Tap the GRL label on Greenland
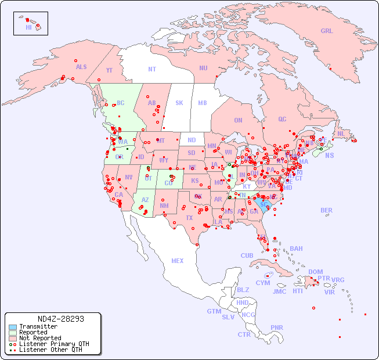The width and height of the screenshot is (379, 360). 327,31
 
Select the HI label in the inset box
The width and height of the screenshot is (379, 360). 28,27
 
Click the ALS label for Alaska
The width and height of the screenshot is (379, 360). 81,67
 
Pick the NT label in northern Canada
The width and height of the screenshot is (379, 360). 152,69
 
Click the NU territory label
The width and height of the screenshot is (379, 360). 203,68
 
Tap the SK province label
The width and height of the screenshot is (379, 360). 179,103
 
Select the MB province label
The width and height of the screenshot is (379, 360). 203,103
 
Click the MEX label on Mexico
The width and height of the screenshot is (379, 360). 178,261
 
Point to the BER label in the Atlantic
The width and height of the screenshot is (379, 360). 327,210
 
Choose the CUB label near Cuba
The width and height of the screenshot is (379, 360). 247,255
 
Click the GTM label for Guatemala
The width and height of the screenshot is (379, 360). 214,311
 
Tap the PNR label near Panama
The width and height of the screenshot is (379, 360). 277,327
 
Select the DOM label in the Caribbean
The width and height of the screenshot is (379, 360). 315,272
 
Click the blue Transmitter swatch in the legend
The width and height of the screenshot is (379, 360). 12,327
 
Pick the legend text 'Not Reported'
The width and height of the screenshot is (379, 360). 40,338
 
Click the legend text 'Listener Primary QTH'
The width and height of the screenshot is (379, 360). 54,344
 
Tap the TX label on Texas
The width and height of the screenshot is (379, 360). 189,218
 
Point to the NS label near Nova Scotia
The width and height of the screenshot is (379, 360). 330,155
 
